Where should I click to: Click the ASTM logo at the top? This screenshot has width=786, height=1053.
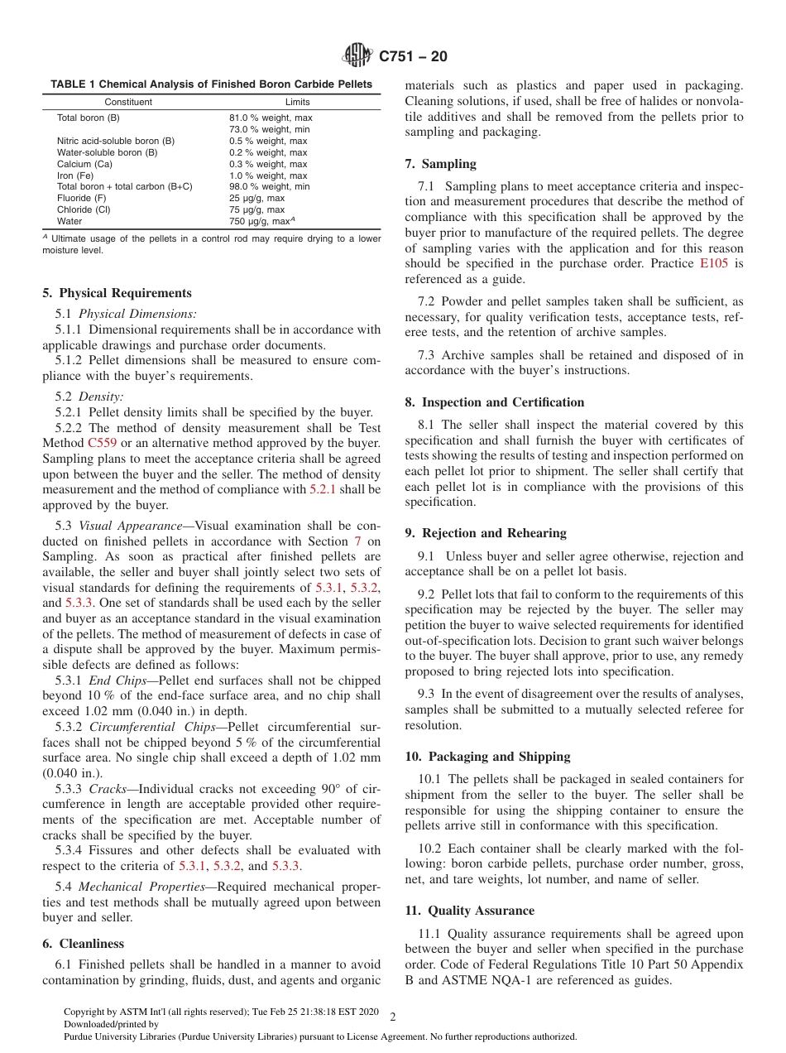click(357, 56)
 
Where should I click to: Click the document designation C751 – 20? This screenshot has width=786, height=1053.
click(413, 57)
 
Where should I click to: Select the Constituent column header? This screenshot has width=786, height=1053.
click(128, 102)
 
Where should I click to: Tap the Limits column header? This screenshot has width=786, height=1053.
click(297, 102)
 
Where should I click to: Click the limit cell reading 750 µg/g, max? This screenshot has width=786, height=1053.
click(261, 221)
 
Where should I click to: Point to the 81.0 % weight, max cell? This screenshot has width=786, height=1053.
click(271, 118)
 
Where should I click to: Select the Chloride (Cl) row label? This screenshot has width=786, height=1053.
click(85, 209)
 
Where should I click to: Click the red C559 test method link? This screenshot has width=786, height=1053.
click(102, 443)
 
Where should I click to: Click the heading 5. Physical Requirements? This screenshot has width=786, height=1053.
click(117, 293)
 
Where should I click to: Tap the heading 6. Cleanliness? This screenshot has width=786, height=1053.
click(83, 944)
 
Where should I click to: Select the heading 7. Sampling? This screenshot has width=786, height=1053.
click(440, 164)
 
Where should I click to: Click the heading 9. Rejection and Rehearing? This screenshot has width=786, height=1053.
click(486, 533)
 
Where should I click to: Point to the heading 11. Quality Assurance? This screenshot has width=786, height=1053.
click(469, 911)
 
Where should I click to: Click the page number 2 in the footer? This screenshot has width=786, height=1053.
click(393, 1017)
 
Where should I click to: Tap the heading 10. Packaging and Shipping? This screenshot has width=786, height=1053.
click(487, 757)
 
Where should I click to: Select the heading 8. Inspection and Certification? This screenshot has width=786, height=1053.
click(494, 402)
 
